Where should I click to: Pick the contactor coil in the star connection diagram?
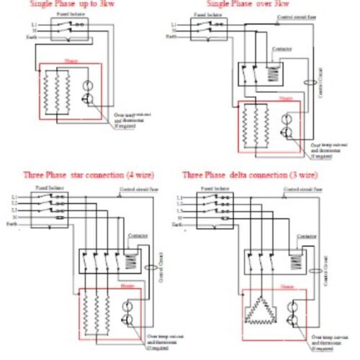coord(132,261)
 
